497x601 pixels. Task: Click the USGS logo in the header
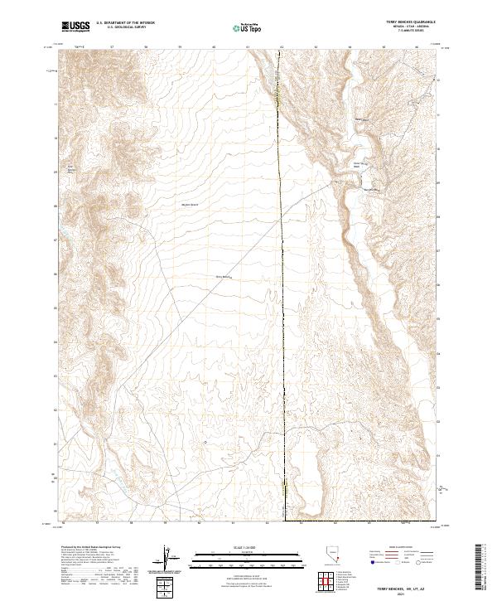[x=75, y=27]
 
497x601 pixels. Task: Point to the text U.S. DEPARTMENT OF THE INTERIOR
[x=125, y=23]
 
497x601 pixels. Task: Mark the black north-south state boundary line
[x=282, y=332]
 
